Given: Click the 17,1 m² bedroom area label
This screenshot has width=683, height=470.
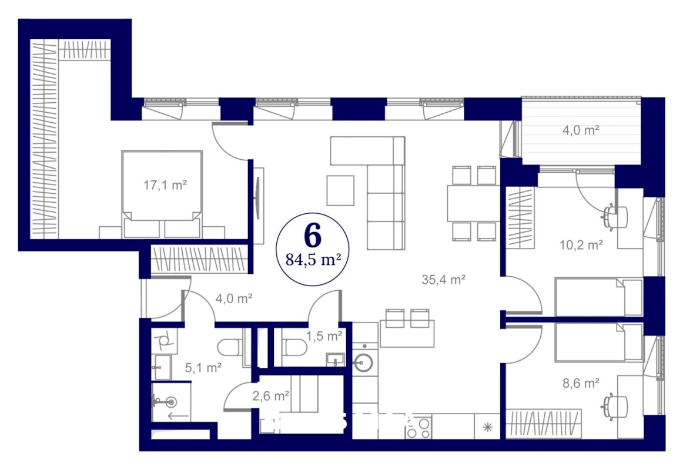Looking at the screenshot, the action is pos(165,186).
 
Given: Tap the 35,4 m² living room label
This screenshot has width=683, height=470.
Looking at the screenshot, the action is pos(443,280).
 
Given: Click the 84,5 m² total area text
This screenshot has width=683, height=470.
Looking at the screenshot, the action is pos(313,260).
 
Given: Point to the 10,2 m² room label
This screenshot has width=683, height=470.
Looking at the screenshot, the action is pos(581,245).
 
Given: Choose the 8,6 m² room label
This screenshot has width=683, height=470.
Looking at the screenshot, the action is pos(581,383).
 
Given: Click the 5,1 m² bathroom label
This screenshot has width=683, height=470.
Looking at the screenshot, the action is pos(203,368).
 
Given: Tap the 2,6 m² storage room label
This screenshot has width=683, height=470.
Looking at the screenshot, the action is pos(271,395).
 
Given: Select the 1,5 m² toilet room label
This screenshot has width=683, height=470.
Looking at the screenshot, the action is pos(324,336).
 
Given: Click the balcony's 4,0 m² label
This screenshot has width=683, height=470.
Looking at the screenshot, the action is pos(581,130).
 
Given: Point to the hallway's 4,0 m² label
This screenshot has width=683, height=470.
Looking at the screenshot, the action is pos(234,298).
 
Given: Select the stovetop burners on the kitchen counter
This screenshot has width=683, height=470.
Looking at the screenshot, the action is pos(418,427).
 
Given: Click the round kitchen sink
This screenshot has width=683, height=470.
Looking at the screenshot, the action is pos(363,362).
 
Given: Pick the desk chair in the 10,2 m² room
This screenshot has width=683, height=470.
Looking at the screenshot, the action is pos(615,216).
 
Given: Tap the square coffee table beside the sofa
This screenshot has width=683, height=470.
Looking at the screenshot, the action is pos(341,190).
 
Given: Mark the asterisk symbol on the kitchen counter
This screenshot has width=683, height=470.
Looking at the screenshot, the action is pos(488,427).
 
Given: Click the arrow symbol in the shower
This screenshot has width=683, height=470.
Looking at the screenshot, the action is pos(178,417).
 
